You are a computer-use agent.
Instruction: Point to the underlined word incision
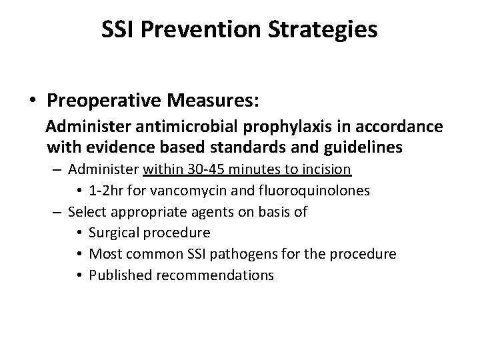(x=328, y=169)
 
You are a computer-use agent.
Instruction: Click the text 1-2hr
(x=105, y=191)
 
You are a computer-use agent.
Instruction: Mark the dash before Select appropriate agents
(x=57, y=212)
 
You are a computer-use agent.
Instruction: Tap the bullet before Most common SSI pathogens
(x=79, y=254)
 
